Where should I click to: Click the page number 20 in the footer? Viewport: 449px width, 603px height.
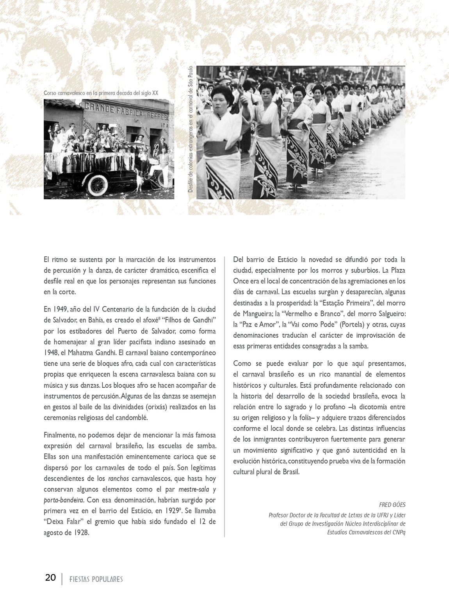[50, 578]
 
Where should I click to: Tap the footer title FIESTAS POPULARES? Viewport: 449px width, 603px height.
[96, 579]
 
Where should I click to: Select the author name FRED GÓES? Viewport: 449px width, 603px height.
[392, 505]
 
